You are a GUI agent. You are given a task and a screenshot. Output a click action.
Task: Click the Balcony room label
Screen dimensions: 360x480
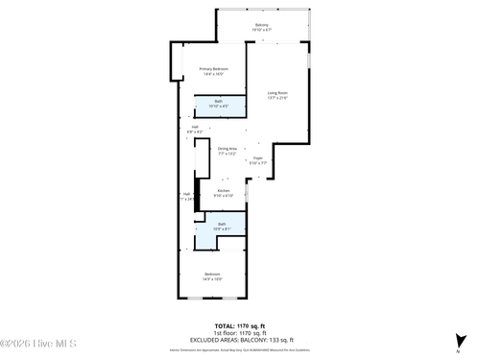click(261, 24)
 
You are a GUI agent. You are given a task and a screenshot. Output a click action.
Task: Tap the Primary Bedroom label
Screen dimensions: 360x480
click(213, 69)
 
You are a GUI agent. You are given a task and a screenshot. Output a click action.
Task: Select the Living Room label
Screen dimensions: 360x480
click(277, 92)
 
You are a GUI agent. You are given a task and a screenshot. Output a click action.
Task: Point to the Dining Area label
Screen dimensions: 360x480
click(228, 148)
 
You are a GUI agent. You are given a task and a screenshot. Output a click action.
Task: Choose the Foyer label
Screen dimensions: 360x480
click(258, 158)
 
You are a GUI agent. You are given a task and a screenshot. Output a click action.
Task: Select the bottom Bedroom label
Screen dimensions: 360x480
click(212, 275)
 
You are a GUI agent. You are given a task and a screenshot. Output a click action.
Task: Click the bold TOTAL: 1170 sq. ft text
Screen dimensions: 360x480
click(240, 326)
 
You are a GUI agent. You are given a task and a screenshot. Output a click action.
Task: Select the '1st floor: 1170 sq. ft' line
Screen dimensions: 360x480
click(240, 333)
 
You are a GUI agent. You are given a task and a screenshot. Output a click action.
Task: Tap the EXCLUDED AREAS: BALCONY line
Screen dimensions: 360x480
click(240, 340)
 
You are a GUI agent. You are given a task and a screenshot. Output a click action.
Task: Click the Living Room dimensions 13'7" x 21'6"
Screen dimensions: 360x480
click(277, 98)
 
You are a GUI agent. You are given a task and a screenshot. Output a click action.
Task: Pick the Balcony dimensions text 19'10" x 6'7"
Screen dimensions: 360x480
click(261, 30)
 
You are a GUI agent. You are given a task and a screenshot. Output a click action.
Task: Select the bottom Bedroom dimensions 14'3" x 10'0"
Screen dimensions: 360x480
click(212, 280)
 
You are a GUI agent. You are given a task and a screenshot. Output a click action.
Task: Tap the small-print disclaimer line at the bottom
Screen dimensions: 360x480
click(240, 347)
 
